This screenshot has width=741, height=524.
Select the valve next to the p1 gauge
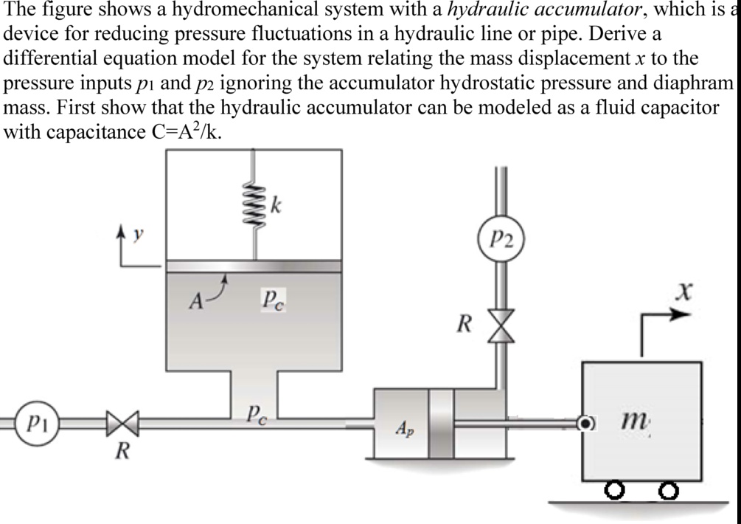click(x=121, y=426)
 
